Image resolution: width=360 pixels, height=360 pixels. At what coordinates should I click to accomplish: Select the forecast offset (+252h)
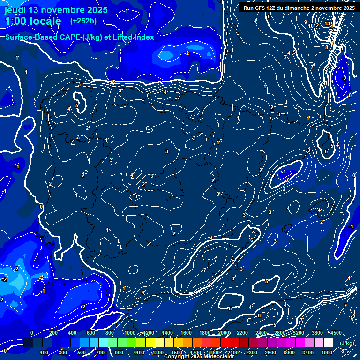coord(83,21)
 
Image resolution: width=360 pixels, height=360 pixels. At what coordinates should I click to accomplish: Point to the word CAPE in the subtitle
coord(67,37)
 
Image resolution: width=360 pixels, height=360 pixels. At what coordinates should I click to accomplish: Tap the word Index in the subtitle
coord(142,37)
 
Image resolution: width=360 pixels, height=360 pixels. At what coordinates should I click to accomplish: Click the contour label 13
coord(327,23)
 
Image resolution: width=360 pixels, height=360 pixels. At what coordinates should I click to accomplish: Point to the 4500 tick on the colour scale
coord(336,333)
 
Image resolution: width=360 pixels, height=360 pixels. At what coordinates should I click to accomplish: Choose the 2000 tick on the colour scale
coord(224,333)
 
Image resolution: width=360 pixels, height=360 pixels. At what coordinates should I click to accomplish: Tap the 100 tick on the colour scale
coord(45,352)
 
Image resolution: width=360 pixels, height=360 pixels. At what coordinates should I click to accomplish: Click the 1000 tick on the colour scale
coord(130,333)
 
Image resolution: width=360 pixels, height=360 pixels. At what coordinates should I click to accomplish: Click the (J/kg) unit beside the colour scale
coord(347,343)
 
